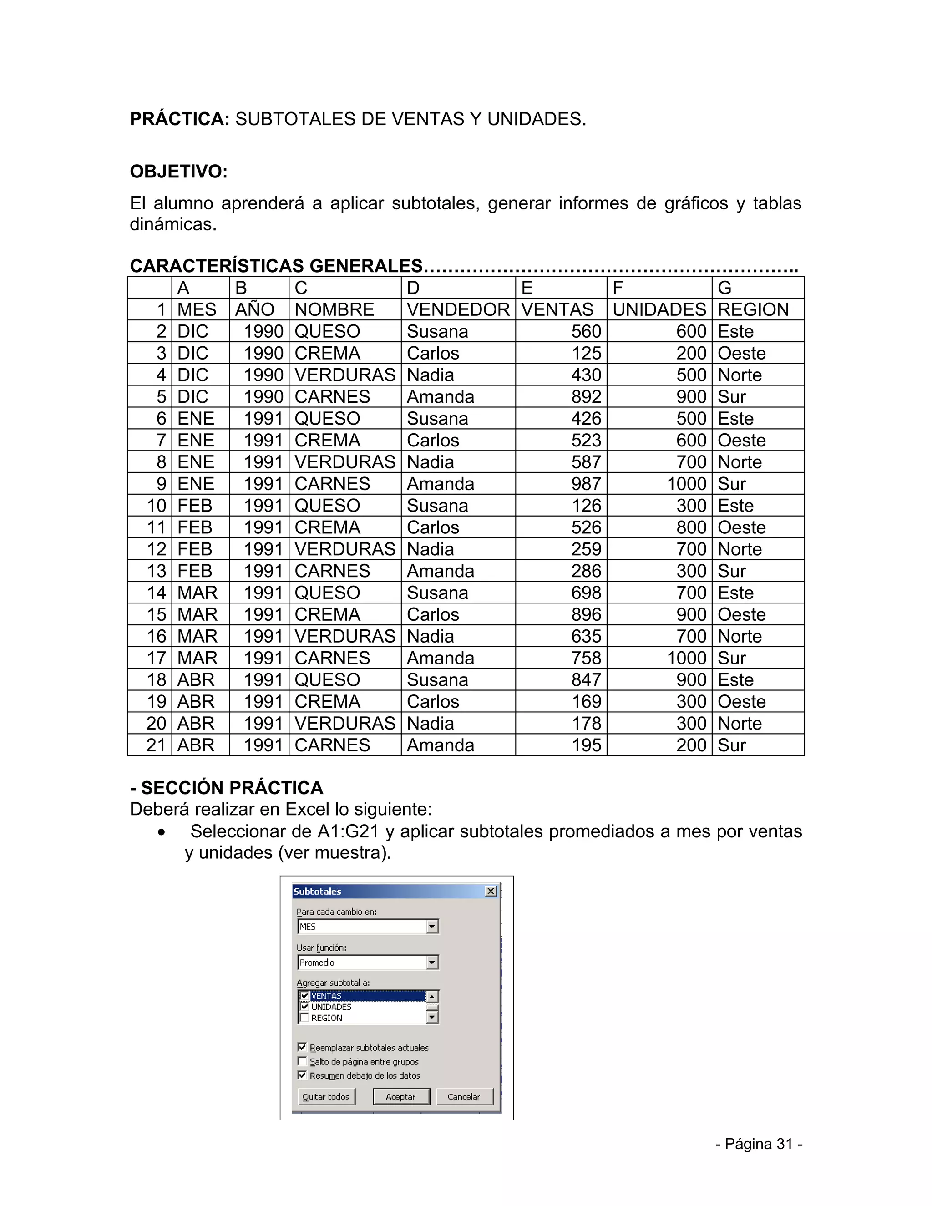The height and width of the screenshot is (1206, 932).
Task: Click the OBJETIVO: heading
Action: pyautogui.click(x=178, y=172)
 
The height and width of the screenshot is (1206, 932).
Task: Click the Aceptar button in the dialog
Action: pyautogui.click(x=401, y=1097)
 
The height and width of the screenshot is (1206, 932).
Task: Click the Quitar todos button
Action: pyautogui.click(x=326, y=1097)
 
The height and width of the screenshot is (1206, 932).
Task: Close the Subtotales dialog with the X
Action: pyautogui.click(x=490, y=891)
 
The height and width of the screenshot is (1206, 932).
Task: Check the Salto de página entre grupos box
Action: pyautogui.click(x=302, y=1061)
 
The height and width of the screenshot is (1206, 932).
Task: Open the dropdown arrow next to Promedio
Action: pyautogui.click(x=432, y=963)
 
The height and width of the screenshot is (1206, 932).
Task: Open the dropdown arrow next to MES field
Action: pyautogui.click(x=432, y=927)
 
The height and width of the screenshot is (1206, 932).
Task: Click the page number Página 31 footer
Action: pyautogui.click(x=759, y=1144)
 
